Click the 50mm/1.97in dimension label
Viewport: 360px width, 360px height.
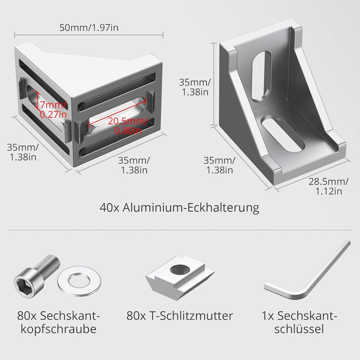click(x=89, y=27)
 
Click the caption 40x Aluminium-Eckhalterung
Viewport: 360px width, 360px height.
click(x=179, y=207)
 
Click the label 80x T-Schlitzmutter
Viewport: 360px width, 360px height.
click(x=179, y=315)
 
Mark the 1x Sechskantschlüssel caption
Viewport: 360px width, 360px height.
click(x=299, y=322)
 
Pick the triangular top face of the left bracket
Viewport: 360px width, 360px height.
click(x=85, y=63)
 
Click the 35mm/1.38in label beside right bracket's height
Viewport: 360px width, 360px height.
click(x=195, y=87)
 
